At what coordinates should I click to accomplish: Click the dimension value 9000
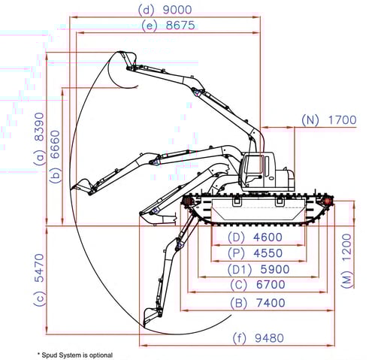(x=177, y=10)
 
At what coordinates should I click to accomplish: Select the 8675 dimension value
(x=180, y=26)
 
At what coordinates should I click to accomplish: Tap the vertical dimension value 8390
(x=39, y=126)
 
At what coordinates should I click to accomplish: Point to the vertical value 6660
(x=56, y=144)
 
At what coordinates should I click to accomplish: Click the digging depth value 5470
(x=39, y=268)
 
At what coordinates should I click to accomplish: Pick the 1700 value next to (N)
(x=342, y=120)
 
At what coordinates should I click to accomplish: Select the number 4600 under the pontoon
(x=268, y=237)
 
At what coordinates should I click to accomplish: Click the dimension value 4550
(x=268, y=253)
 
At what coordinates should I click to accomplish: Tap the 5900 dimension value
(x=275, y=269)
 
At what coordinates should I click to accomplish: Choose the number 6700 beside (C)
(x=271, y=285)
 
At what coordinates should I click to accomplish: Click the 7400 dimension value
(x=271, y=303)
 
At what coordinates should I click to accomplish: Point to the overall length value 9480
(x=269, y=338)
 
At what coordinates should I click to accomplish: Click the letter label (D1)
(x=240, y=269)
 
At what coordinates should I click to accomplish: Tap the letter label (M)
(x=347, y=280)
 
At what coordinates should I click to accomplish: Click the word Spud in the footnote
(x=47, y=355)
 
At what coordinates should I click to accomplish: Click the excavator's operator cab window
(x=253, y=168)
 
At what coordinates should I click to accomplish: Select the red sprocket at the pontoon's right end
(x=328, y=201)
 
